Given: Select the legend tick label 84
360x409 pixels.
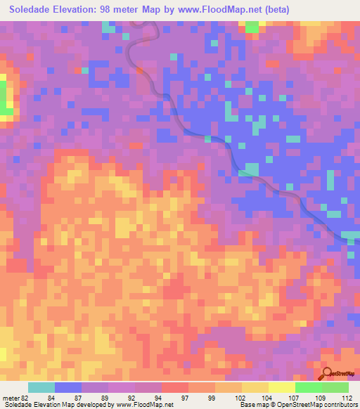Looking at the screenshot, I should click(51, 398).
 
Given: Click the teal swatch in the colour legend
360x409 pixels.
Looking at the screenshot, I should click(41, 387).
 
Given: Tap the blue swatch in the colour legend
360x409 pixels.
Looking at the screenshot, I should click(68, 387).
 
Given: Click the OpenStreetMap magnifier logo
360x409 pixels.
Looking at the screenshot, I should click(326, 375).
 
